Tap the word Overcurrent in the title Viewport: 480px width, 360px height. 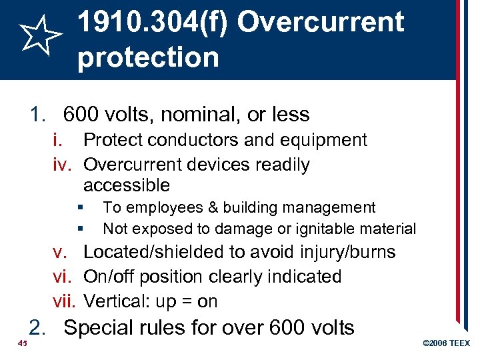pyautogui.click(x=320, y=23)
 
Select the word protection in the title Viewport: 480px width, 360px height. pyautogui.click(x=147, y=57)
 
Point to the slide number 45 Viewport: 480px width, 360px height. pyautogui.click(x=22, y=343)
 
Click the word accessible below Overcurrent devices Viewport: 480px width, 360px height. pyautogui.click(x=127, y=185)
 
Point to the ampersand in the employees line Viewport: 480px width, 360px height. pyautogui.click(x=211, y=208)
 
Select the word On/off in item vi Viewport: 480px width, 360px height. pyautogui.click(x=106, y=277)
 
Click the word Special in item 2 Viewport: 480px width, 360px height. pyautogui.click(x=97, y=328)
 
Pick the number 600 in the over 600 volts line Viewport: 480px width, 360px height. pyautogui.click(x=287, y=328)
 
